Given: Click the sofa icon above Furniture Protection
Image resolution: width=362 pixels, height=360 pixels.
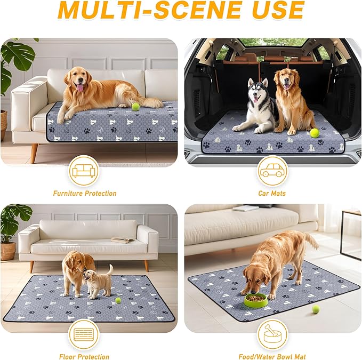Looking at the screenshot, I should [x=84, y=171].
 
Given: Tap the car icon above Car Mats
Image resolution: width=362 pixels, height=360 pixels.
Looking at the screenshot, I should [x=271, y=171].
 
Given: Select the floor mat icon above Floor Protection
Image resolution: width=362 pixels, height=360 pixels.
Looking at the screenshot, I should [x=84, y=334].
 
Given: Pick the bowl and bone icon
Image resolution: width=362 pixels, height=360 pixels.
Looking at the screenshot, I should [x=271, y=334].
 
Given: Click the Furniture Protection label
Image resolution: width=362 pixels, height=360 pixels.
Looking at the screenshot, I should [x=84, y=193].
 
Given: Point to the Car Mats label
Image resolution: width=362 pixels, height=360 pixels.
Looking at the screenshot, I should [x=271, y=193].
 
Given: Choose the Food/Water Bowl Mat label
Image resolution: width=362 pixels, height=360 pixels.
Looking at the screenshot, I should [x=271, y=356].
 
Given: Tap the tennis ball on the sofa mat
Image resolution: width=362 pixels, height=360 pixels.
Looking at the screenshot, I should [x=135, y=107].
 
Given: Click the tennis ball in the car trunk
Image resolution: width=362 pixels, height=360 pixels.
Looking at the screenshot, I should [x=314, y=133].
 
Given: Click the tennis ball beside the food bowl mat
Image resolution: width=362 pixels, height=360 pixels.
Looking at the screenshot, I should [x=316, y=309].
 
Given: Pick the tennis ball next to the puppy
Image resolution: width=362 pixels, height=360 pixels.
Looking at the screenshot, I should [x=118, y=300].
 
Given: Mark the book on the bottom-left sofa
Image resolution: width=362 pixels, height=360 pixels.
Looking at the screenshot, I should [x=120, y=240].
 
